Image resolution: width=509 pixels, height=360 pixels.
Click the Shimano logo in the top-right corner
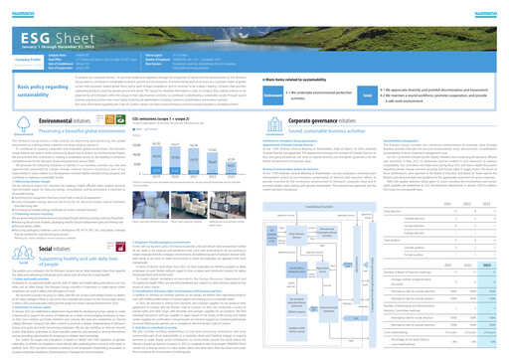(x=487, y=6)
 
